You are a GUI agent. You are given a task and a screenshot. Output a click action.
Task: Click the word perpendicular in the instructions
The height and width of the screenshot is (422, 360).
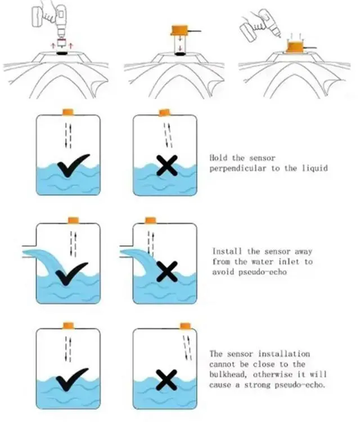(x=238, y=169)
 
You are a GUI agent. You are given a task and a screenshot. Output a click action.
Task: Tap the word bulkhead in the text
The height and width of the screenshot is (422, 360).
(x=228, y=374)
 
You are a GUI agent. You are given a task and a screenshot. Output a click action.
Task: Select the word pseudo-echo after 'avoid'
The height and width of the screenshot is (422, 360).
(x=263, y=272)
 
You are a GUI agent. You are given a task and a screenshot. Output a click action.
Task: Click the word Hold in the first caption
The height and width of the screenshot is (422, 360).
(x=218, y=158)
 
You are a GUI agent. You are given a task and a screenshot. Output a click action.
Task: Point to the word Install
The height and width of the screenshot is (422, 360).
(x=227, y=252)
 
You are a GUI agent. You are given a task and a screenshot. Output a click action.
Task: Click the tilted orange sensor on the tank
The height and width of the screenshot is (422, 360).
(x=164, y=113)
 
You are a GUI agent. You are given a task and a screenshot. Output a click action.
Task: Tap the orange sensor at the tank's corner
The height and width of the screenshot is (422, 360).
(x=186, y=326)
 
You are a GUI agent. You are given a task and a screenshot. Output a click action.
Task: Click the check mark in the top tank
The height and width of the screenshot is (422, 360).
(x=73, y=165)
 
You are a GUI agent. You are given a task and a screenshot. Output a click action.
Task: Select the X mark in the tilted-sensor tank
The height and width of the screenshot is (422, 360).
(x=167, y=165)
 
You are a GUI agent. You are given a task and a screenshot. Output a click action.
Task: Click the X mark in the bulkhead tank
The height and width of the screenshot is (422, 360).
(x=166, y=380)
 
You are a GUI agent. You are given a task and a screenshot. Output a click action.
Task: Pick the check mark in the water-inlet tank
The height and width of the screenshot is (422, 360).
(x=71, y=273)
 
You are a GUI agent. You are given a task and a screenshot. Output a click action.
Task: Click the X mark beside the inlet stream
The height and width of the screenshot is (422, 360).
(x=167, y=272)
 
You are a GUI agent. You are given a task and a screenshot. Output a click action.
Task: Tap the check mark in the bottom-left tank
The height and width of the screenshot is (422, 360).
(x=72, y=379)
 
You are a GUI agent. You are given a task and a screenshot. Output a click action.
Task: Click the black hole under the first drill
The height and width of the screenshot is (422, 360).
(x=62, y=53)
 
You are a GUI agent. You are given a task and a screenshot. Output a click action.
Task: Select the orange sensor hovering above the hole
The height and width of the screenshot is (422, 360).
(x=179, y=30)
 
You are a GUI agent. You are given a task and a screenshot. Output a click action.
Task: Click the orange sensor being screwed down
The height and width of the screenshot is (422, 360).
(x=295, y=47)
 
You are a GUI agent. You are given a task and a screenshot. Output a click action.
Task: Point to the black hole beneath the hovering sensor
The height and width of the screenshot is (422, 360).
(x=181, y=54)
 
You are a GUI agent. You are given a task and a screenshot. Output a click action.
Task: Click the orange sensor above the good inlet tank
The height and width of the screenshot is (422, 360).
(x=73, y=220)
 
